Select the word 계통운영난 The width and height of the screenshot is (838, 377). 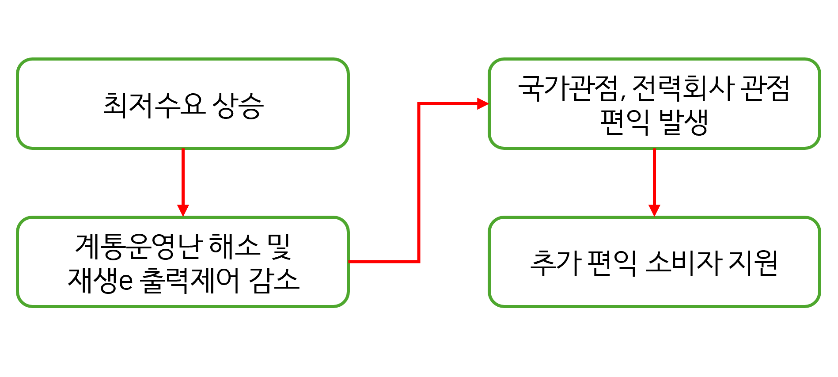(139, 246)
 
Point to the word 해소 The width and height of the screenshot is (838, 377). (234, 246)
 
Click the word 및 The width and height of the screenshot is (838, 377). (279, 246)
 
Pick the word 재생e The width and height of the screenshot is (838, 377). (100, 281)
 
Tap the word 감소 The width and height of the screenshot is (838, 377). (274, 281)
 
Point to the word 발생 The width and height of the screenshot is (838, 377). (683, 122)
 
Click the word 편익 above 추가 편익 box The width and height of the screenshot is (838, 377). (624, 122)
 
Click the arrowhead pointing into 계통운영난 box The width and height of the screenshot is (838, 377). (183, 210)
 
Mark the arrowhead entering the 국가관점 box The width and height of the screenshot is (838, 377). (482, 104)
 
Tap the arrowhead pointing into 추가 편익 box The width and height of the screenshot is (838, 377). (654, 210)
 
